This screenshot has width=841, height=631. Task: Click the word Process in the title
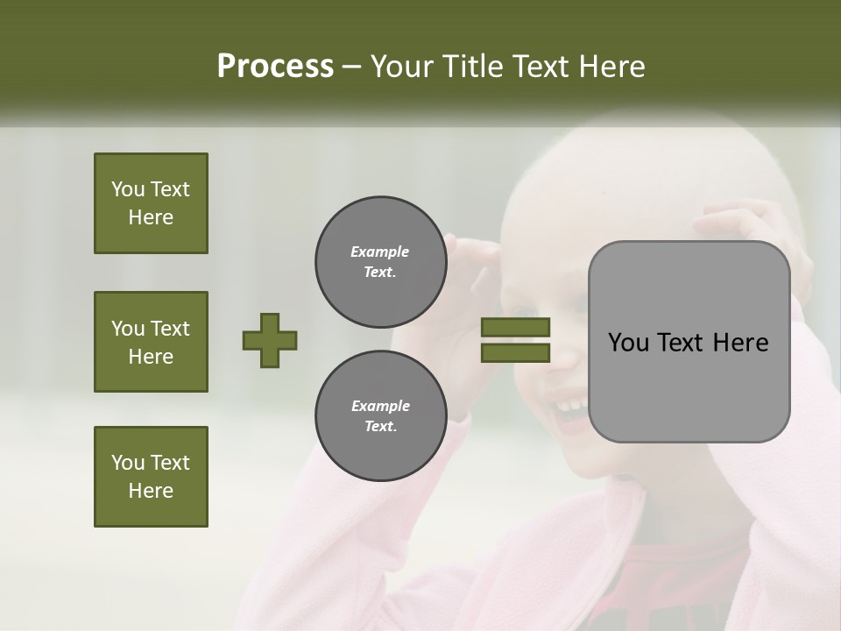pos(275,67)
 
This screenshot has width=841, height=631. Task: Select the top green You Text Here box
pos(151,203)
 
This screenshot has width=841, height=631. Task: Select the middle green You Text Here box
pos(151,342)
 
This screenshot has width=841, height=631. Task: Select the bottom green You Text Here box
pos(151,477)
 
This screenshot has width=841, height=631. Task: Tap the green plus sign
pos(270,340)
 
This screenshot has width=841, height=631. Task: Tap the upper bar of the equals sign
pos(515,327)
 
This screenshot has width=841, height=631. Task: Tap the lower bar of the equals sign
pos(515,352)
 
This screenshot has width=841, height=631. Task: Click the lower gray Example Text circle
pos(380,415)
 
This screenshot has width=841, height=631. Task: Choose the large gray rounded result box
pos(689,342)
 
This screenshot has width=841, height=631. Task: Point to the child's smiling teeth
pos(571,406)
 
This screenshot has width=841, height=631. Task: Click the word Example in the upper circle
pos(380,252)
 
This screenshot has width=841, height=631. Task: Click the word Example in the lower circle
pos(380,406)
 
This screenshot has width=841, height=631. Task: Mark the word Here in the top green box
pos(151,217)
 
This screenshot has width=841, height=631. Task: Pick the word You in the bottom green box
pos(127,463)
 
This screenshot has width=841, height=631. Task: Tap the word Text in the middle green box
pos(170,329)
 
